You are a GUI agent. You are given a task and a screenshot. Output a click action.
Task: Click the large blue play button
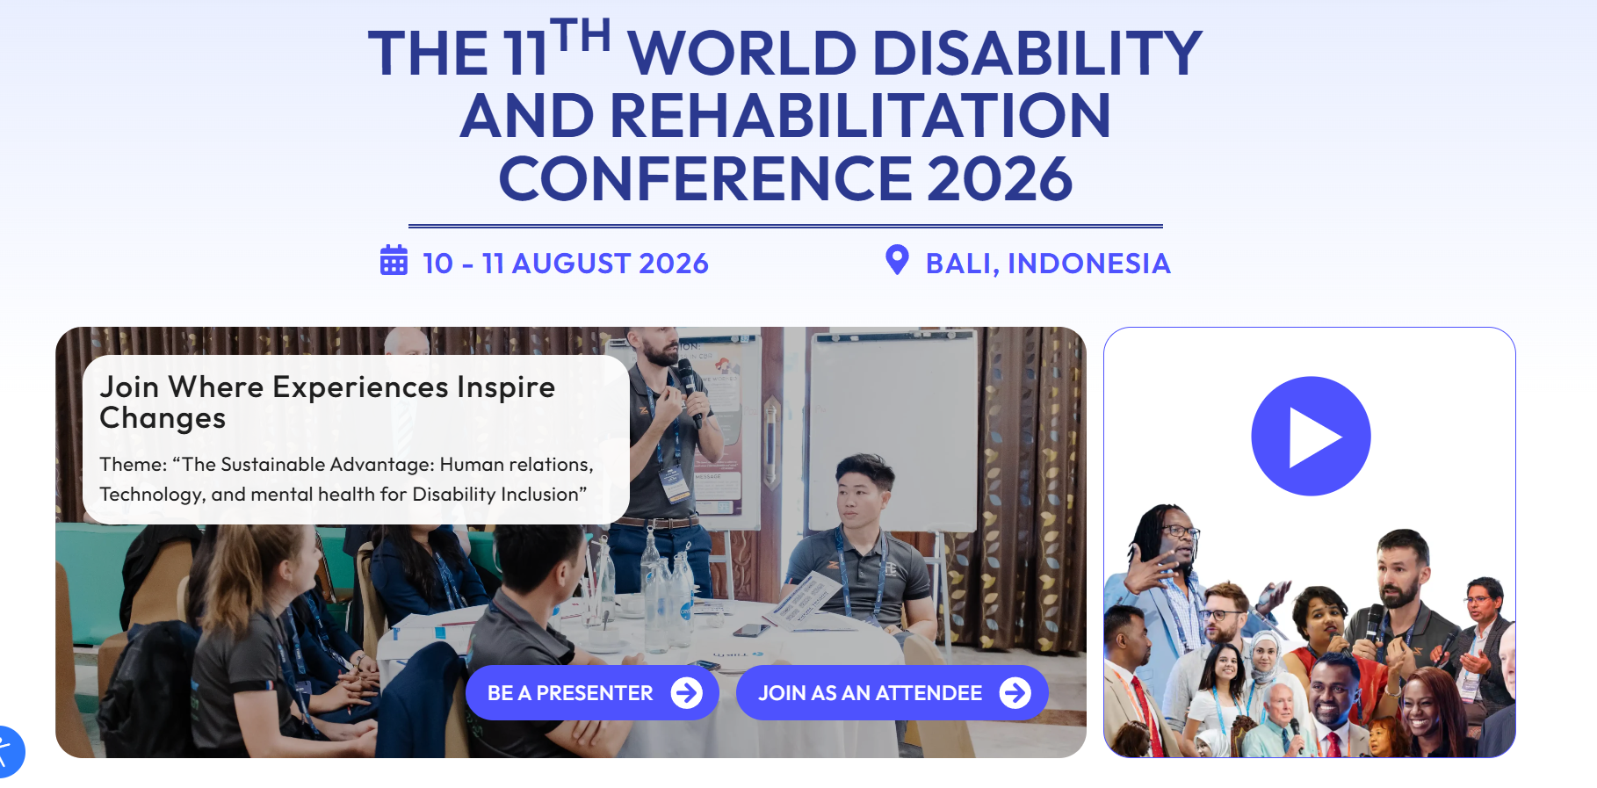(1311, 437)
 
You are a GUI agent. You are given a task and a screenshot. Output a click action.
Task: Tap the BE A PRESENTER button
(592, 693)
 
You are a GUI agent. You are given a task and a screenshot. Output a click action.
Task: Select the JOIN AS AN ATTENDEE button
(892, 693)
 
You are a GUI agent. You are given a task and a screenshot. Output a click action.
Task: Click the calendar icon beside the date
(394, 261)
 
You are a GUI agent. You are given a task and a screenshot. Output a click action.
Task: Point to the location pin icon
(897, 260)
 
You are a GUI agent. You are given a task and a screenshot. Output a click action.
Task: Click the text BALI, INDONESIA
(1048, 264)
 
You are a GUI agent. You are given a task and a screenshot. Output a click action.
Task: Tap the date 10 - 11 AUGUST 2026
(566, 264)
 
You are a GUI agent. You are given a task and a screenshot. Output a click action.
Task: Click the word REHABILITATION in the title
(860, 116)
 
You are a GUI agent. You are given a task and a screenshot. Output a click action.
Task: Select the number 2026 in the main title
(1000, 179)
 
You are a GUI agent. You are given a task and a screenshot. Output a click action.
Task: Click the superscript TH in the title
(581, 36)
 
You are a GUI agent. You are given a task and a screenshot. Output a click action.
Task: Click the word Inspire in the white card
(506, 387)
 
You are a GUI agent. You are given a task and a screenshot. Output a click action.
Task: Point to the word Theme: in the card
(134, 464)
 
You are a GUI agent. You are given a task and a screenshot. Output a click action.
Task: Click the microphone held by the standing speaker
(690, 391)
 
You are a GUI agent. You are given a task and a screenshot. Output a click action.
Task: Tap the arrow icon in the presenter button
(687, 693)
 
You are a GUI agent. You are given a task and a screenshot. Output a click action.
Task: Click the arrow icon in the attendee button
(1015, 693)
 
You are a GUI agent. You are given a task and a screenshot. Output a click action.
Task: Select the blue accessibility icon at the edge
(8, 752)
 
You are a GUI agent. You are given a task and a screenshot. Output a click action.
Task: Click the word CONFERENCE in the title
(706, 179)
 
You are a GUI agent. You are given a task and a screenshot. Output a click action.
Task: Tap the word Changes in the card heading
(163, 419)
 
